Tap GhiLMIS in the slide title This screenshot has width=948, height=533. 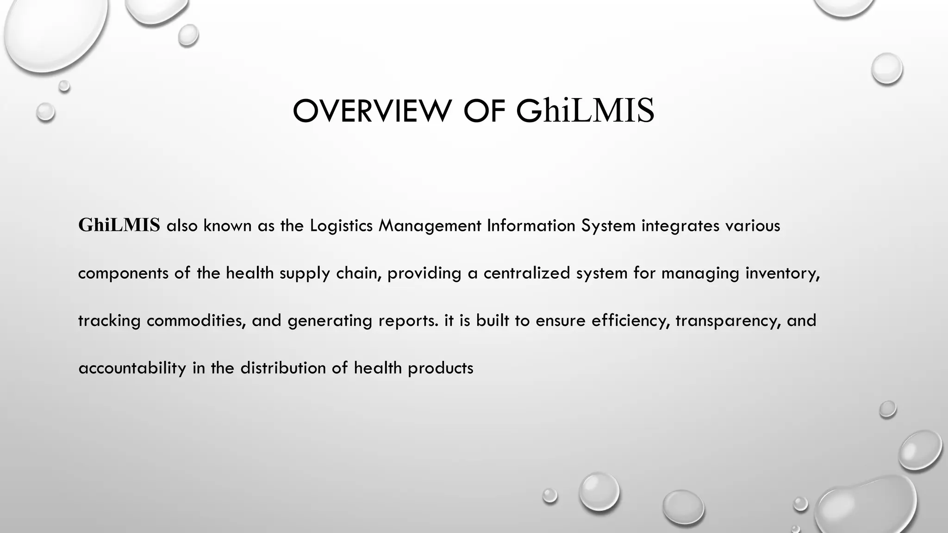[x=585, y=111]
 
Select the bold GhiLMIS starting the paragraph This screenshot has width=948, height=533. [x=119, y=225]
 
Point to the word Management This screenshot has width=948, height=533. [x=430, y=226]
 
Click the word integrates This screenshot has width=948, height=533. [x=680, y=226]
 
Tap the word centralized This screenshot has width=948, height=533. [x=527, y=273]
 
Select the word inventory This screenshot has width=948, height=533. [x=782, y=273]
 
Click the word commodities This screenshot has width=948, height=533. [x=196, y=321]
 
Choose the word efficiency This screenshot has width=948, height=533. [x=631, y=321]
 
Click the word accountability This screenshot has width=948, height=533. [x=132, y=368]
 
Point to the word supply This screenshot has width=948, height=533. [x=305, y=273]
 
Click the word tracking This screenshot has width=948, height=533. [x=109, y=321]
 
